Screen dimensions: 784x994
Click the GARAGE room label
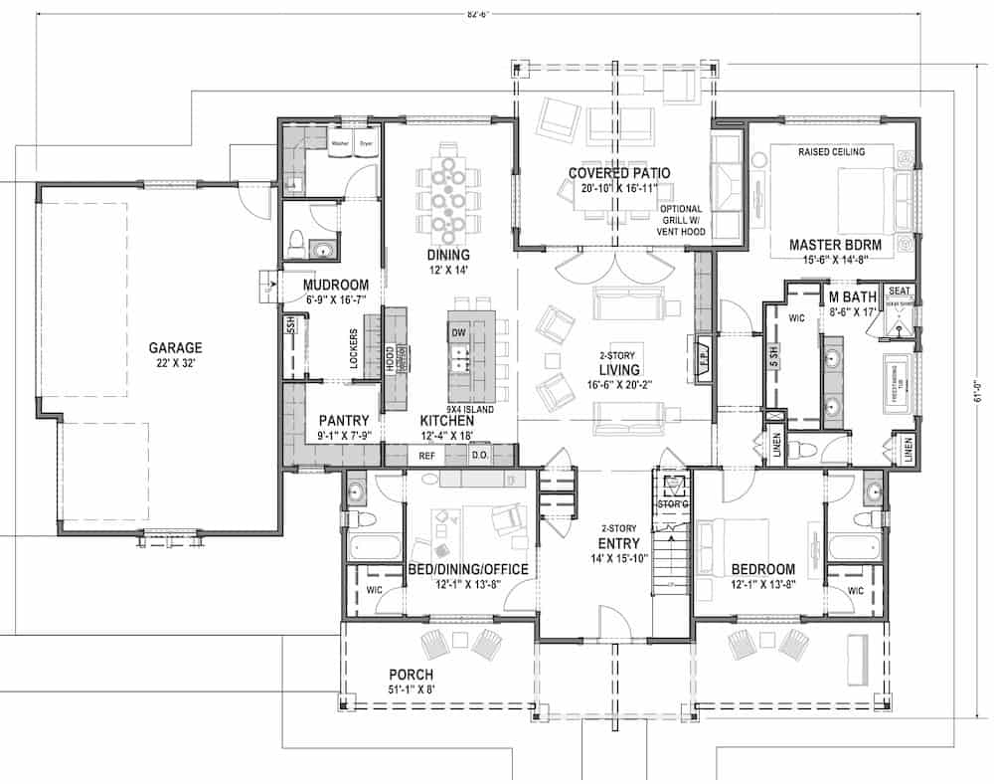click(x=175, y=348)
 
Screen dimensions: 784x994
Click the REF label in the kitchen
click(x=426, y=456)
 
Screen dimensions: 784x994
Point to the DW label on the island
click(x=458, y=331)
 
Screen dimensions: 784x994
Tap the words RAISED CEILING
click(x=831, y=151)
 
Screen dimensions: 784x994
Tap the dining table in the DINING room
click(x=448, y=197)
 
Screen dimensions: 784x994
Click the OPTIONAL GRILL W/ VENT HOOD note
click(x=681, y=220)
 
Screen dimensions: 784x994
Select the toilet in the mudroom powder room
click(x=295, y=242)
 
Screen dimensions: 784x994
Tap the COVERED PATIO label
click(x=618, y=173)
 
